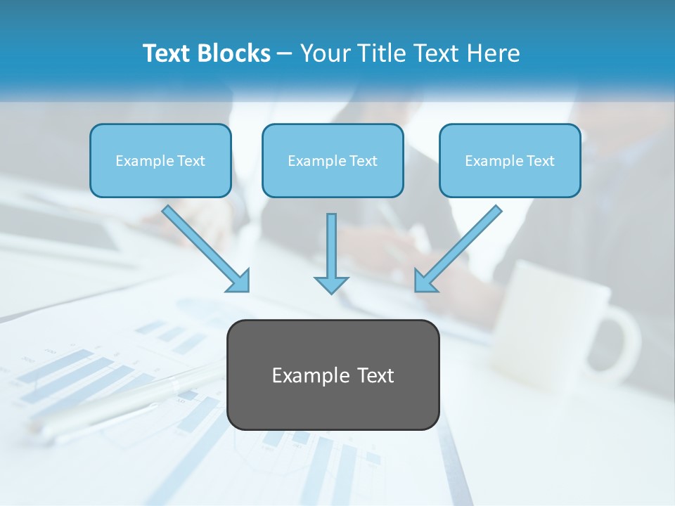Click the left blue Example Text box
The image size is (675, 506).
tap(160, 160)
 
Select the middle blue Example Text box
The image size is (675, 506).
tap(333, 160)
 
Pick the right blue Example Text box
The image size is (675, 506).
tap(510, 160)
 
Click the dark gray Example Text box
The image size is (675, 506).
tap(333, 375)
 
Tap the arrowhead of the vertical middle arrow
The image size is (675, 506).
tap(331, 285)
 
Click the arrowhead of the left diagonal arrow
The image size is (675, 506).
tap(239, 282)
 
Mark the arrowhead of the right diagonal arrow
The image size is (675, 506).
tap(425, 282)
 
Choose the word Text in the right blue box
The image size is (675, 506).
tap(540, 161)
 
